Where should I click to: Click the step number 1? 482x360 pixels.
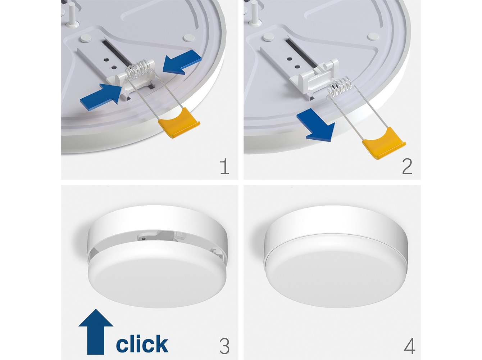click(225, 167)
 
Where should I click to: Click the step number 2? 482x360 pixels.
click(407, 167)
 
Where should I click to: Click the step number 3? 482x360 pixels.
click(224, 346)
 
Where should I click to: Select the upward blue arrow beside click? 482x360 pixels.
click(96, 332)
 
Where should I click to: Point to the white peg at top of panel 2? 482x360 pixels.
click(255, 12)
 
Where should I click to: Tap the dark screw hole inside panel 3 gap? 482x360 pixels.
click(143, 238)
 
